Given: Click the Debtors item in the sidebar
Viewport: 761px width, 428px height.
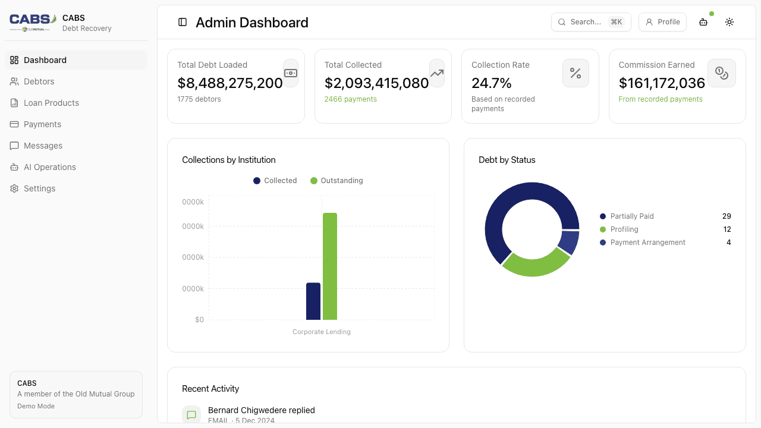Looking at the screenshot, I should [x=39, y=81].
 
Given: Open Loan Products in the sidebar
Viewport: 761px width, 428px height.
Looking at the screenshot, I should [x=51, y=103].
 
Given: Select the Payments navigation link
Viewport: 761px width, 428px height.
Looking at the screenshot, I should [x=42, y=124].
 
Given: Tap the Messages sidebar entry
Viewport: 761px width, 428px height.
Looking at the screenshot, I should [x=43, y=146].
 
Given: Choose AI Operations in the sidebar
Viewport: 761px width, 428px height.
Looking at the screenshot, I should [x=49, y=167].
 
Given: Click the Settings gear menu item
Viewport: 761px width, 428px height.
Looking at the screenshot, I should [x=39, y=188].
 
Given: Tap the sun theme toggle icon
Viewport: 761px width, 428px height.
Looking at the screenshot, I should [x=729, y=22].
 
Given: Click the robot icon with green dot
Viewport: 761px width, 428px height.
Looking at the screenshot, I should [x=703, y=22].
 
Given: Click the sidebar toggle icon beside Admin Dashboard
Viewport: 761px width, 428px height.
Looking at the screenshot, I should [x=183, y=22].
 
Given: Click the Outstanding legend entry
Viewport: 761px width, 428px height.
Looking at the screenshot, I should [x=337, y=181].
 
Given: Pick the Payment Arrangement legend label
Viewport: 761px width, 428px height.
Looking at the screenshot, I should [x=647, y=243].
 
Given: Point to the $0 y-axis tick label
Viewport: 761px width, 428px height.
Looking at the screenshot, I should [x=199, y=320].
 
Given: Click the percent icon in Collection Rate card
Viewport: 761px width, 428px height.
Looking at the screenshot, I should [x=576, y=73].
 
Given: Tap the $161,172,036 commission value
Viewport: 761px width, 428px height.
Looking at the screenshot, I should [x=662, y=83].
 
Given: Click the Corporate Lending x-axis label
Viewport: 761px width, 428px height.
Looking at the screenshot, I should [x=322, y=332].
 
